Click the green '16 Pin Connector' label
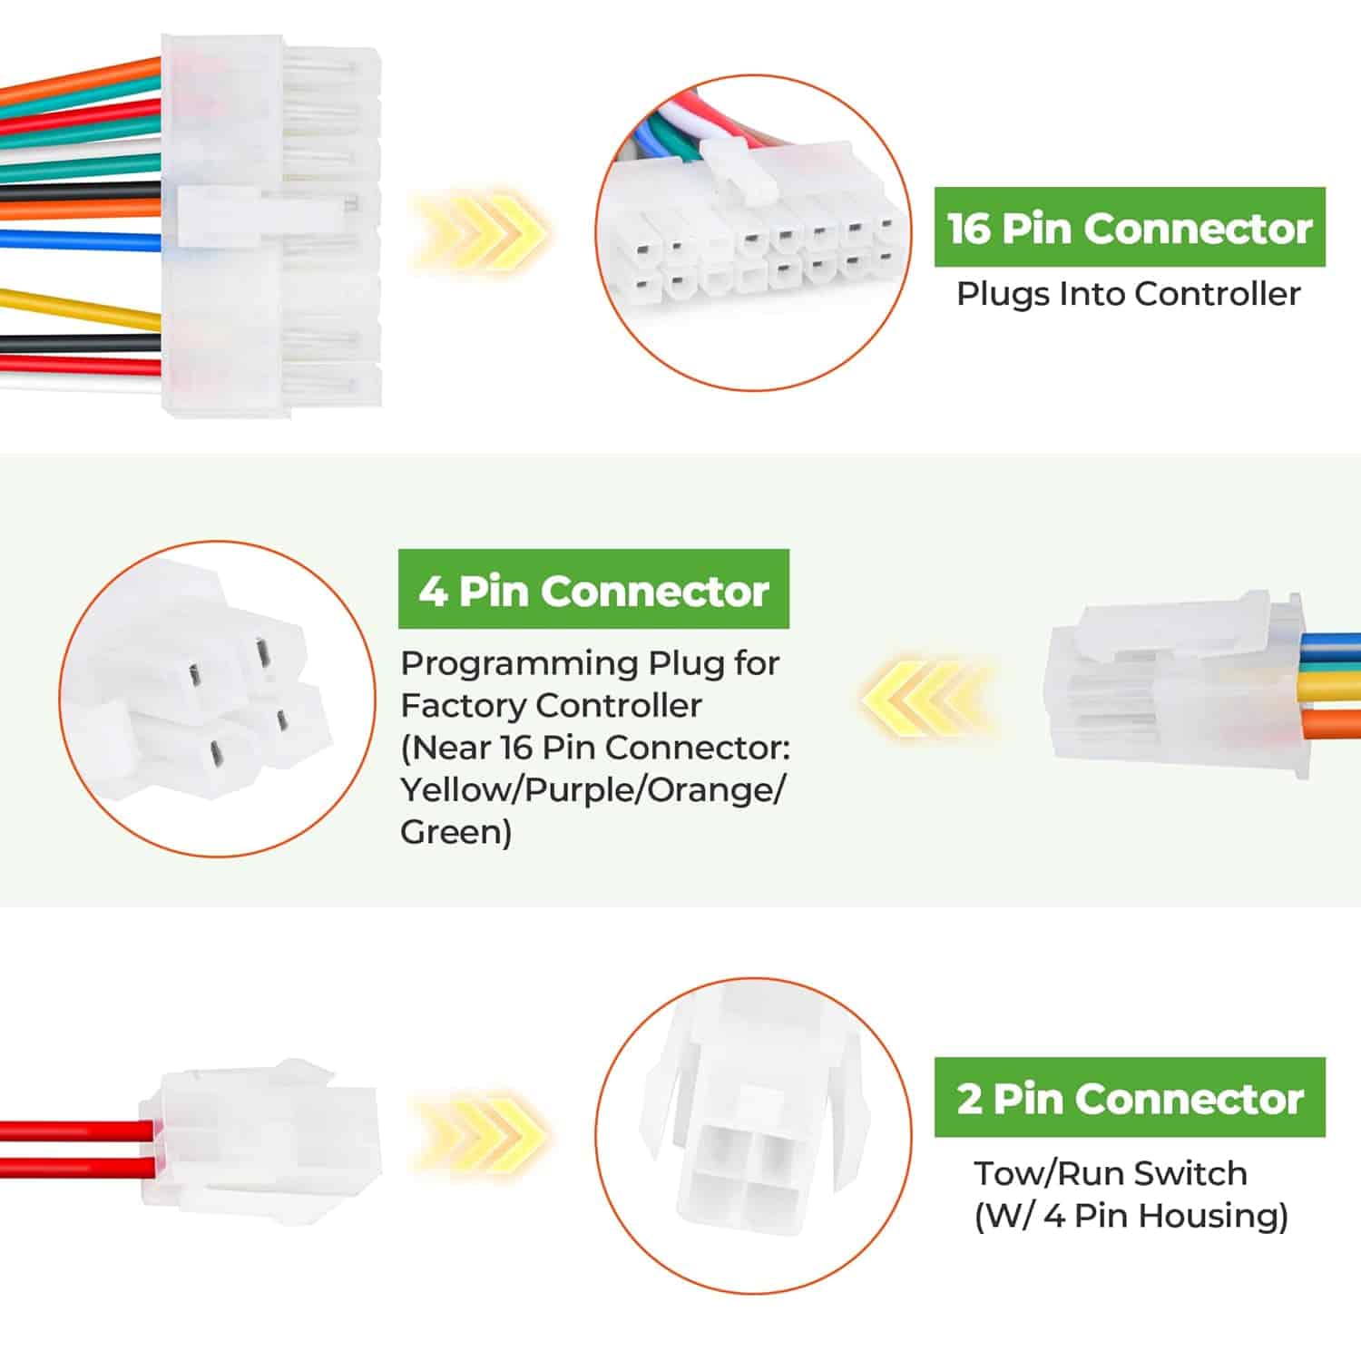click(1130, 227)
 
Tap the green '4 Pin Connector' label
click(593, 590)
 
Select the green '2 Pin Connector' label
click(1130, 1097)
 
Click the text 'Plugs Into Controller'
click(1129, 294)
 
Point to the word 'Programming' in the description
click(520, 665)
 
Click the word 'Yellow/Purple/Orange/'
click(593, 790)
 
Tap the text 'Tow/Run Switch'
click(1111, 1173)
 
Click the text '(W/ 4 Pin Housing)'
click(1131, 1216)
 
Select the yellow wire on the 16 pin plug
click(82, 305)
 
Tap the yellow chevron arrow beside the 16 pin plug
click(480, 231)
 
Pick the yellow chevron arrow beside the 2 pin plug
click(480, 1131)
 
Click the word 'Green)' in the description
click(456, 832)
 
